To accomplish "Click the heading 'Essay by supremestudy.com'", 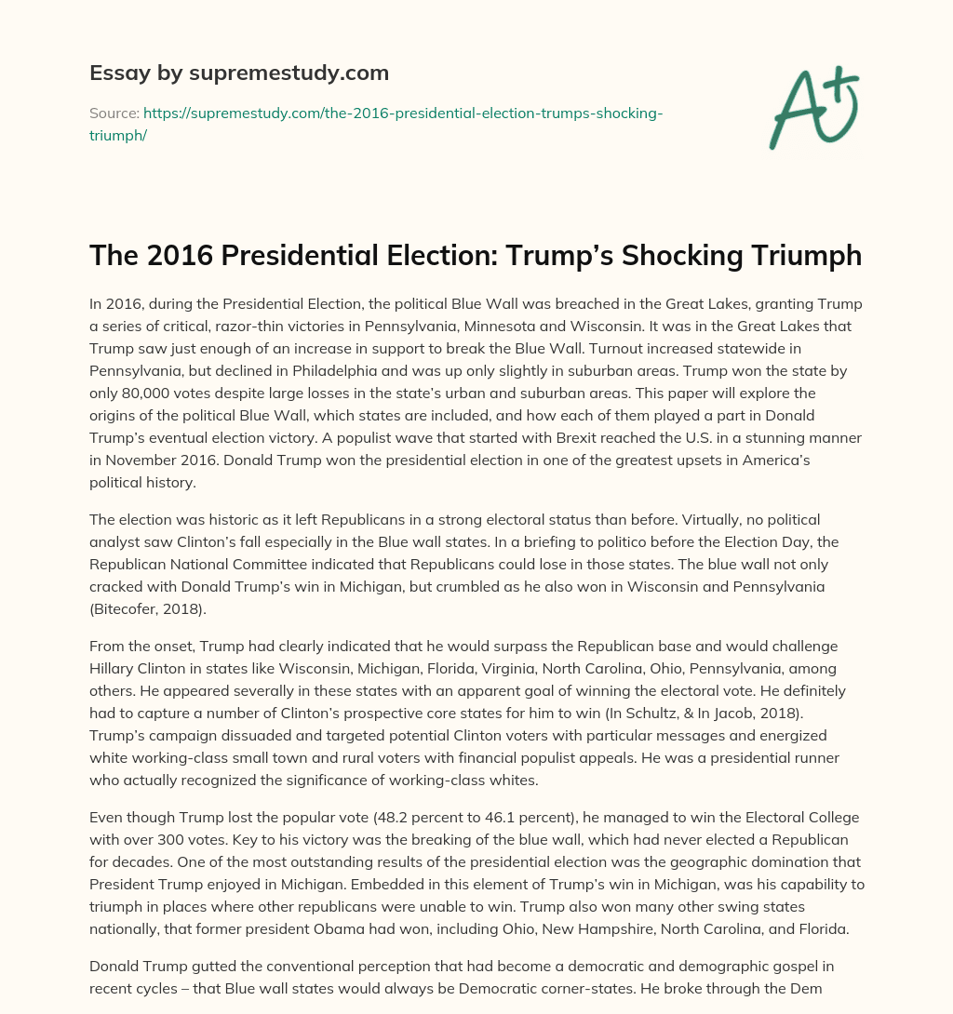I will (x=239, y=73).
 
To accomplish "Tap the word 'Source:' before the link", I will (x=114, y=113).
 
